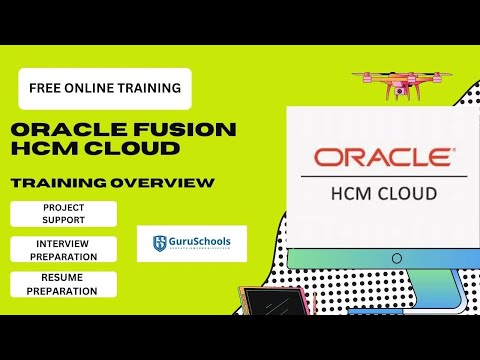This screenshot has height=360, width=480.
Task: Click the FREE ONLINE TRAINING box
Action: click(x=104, y=88)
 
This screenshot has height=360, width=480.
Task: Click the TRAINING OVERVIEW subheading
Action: click(x=112, y=182)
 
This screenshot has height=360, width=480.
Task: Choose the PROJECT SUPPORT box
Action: click(x=64, y=214)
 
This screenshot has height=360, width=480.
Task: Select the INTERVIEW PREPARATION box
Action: click(x=64, y=249)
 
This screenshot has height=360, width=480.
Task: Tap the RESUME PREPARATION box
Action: click(x=64, y=284)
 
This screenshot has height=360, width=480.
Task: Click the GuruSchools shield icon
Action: click(x=159, y=243)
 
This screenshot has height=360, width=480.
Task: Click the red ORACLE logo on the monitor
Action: click(x=383, y=158)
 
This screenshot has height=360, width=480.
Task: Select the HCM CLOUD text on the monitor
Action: click(x=383, y=192)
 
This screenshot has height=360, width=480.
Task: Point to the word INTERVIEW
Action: click(x=64, y=243)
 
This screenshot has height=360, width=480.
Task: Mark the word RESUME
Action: click(x=64, y=278)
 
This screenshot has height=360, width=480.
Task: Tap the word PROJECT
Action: click(x=64, y=208)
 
